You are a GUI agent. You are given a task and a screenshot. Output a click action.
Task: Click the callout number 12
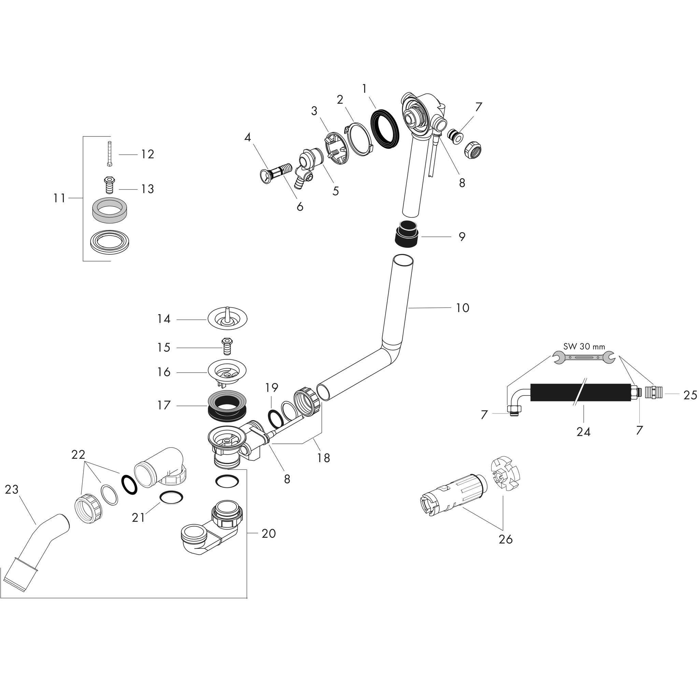click(147, 154)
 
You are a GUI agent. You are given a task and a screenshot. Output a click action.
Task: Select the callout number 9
click(462, 237)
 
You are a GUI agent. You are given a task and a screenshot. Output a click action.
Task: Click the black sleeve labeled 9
click(408, 233)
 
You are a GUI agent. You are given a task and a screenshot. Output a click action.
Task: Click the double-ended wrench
click(584, 357)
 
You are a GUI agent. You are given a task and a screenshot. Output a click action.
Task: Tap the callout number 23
click(12, 489)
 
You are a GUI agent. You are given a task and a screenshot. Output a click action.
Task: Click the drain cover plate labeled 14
click(227, 319)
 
